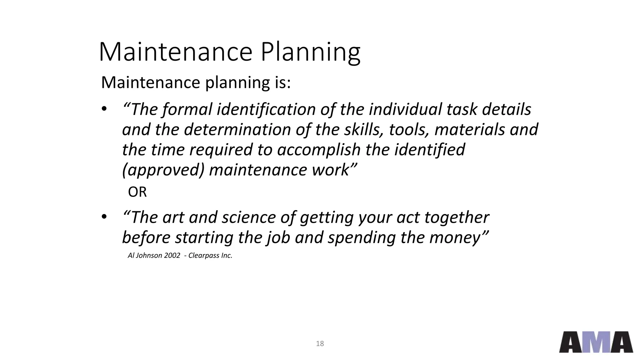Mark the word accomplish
click(x=319, y=150)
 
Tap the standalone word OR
click(x=137, y=192)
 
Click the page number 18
click(x=320, y=344)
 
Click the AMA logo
click(x=596, y=342)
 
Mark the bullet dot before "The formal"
click(x=104, y=109)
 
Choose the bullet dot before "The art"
click(x=104, y=217)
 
